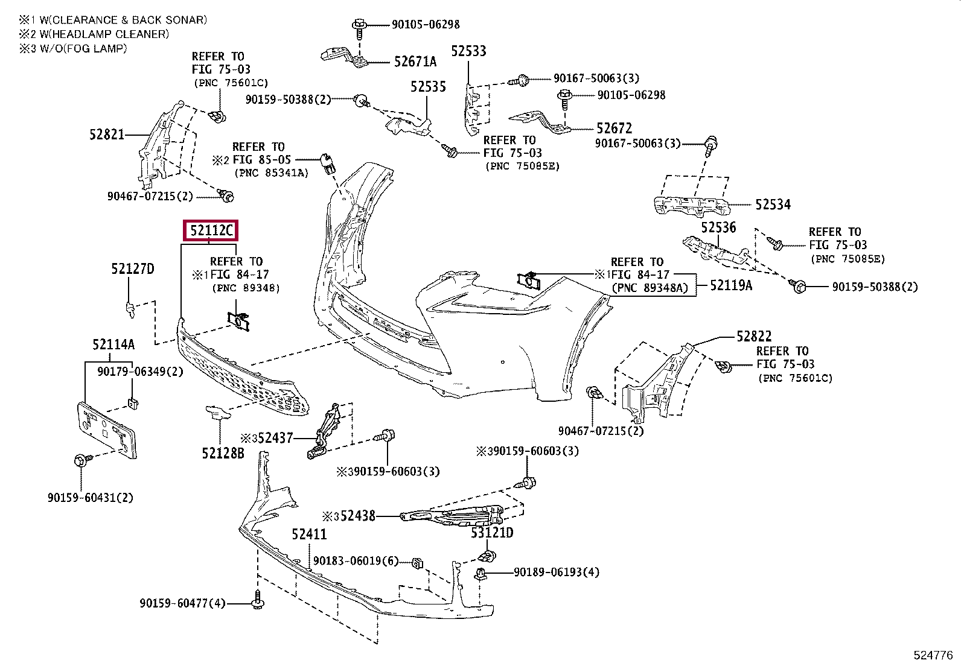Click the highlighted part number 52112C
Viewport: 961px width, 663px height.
[211, 231]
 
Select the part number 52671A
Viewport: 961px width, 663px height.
[415, 62]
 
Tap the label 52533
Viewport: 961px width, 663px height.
[468, 51]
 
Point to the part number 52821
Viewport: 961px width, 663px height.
[107, 135]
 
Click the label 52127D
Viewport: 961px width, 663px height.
[133, 269]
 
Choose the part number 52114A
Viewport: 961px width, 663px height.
[113, 344]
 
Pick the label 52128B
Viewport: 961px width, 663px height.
[223, 453]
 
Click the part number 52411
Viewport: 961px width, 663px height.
[309, 535]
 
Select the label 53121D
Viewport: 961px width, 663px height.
[492, 533]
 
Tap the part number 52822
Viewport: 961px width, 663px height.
[754, 336]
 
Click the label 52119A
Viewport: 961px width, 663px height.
[731, 285]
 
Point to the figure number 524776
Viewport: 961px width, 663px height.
[933, 655]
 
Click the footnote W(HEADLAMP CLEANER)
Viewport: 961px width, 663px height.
[104, 34]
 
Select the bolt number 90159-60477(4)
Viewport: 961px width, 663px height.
[182, 603]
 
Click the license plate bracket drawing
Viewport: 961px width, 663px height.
[107, 430]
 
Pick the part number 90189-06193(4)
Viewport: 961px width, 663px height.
[557, 572]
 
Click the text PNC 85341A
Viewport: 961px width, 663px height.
[272, 173]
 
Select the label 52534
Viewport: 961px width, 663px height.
[773, 205]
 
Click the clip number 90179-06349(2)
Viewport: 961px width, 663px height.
[140, 372]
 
